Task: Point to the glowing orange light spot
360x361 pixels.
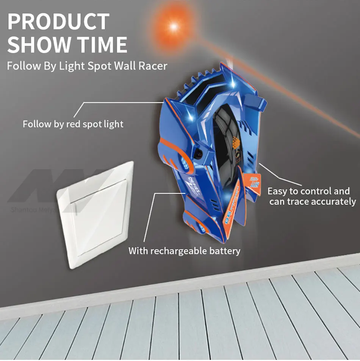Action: tap(174, 26)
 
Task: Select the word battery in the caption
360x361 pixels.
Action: tap(226, 251)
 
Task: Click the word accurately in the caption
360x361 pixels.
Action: tap(333, 202)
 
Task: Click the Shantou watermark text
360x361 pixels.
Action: tap(33, 209)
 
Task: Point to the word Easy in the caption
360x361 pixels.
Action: tap(277, 191)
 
